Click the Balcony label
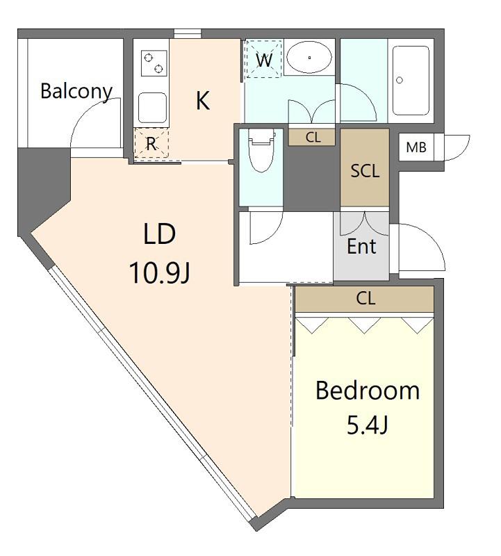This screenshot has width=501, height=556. coord(76,92)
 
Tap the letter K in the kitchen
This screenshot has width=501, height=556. coord(203,100)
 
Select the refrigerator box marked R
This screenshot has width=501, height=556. coord(151,143)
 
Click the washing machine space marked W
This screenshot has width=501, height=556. coord(264,59)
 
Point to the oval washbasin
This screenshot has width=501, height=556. coord(309,57)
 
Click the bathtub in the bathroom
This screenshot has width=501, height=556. coord(411,81)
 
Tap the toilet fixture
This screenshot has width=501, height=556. coord(262,149)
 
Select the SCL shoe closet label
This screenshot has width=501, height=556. coord(365,171)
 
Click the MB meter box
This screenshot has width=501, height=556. coord(416,147)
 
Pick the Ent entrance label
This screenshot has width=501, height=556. coord(361,247)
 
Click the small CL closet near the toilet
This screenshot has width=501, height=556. coord(312,137)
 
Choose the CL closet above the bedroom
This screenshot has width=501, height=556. coord(365,299)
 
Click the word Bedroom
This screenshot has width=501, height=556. coord(368,391)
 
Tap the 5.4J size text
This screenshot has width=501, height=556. coord(367,425)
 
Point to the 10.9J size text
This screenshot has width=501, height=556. coord(160,273)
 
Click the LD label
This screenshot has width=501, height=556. coord(160,234)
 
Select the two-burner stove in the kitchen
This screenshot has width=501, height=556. coord(154,63)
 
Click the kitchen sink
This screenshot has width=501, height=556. coord(152,108)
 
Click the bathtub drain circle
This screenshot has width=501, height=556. coord(400,80)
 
